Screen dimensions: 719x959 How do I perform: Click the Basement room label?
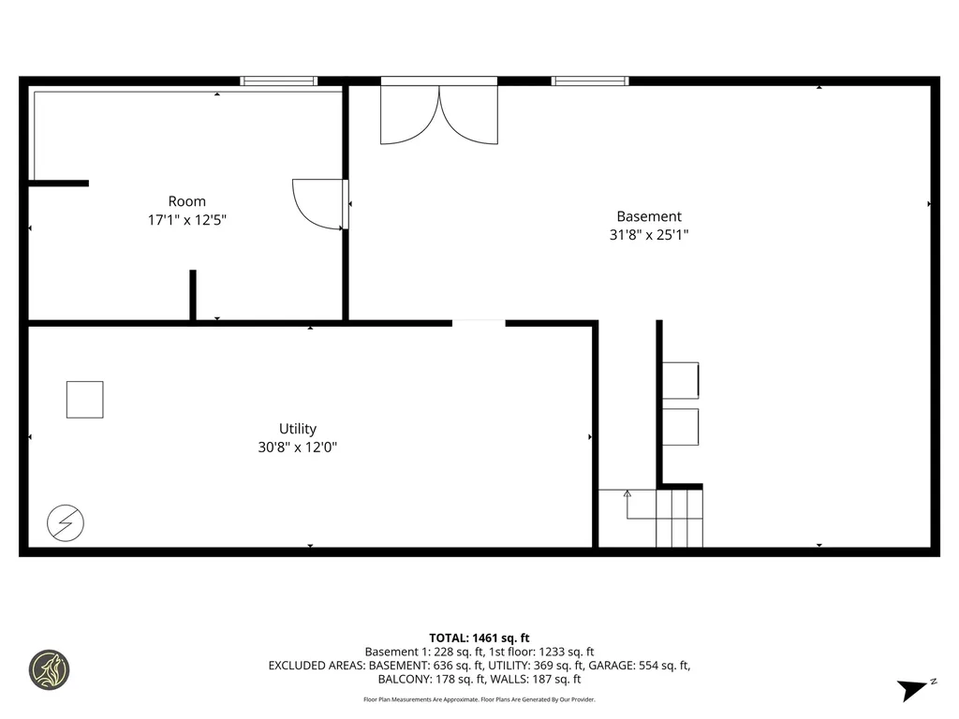pos(649,216)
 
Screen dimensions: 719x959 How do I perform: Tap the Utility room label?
pos(297,429)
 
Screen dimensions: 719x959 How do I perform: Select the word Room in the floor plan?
pos(186,201)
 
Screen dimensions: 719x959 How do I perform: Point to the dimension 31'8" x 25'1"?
pos(649,236)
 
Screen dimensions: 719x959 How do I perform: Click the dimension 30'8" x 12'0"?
pos(297,448)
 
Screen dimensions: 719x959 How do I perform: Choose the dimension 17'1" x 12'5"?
pos(186,220)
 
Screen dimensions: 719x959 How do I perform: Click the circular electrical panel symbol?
pos(66,523)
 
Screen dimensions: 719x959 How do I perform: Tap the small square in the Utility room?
pos(84,400)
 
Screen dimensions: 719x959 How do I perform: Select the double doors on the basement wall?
pos(438,110)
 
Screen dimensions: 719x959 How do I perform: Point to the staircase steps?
pos(679,519)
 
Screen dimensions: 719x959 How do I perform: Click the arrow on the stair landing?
pos(627,494)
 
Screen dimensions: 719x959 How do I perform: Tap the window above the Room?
pos(279,81)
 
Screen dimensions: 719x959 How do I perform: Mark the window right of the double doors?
pos(590,81)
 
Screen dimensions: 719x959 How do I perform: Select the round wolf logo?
pos(49,670)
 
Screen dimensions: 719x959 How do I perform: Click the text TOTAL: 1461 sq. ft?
pos(479,638)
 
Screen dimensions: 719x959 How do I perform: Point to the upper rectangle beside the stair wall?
pos(681,379)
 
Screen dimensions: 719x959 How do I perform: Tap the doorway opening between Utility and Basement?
pos(479,324)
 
